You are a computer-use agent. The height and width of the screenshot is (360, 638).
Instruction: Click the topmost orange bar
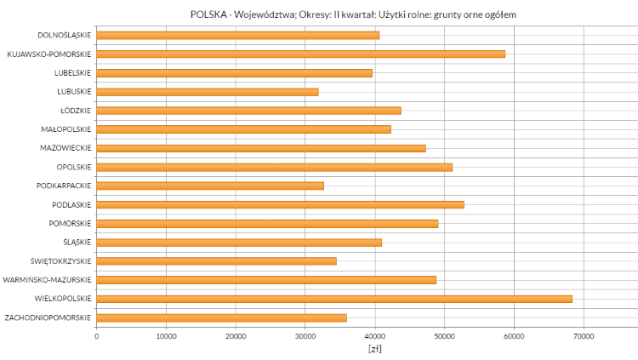238,35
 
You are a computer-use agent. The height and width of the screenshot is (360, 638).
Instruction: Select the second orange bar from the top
301,54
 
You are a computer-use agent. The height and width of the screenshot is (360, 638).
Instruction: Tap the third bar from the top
234,73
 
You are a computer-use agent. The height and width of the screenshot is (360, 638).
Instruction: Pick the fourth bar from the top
208,92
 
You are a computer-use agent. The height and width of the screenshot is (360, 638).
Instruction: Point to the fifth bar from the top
248,111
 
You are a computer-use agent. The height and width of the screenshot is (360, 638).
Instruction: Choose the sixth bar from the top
243,129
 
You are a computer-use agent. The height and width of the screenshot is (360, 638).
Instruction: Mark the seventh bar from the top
261,148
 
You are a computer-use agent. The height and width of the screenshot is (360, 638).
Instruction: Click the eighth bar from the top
275,168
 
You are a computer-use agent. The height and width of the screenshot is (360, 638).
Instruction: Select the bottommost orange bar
221,318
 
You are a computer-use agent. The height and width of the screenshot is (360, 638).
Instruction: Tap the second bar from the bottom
334,299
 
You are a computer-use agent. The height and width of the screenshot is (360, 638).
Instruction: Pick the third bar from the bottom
266,280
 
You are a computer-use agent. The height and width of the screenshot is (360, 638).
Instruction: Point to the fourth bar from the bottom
216,261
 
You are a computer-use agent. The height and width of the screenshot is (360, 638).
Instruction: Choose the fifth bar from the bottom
239,243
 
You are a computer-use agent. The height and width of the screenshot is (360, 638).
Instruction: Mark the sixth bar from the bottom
267,224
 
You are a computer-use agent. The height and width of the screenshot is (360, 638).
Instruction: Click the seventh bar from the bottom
280,205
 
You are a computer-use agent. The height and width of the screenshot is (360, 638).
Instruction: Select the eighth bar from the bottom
210,186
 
